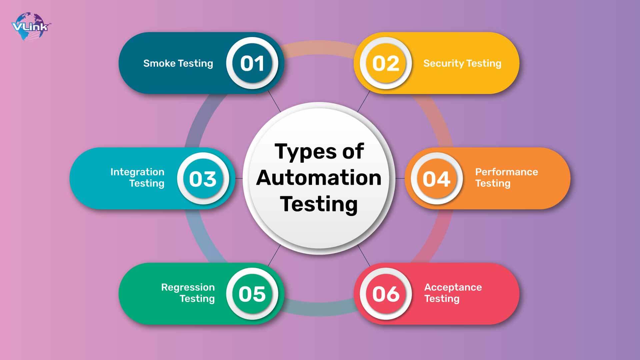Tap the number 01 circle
tap(252, 63)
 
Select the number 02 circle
tap(386, 63)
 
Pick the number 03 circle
tap(203, 179)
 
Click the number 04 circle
tap(436, 179)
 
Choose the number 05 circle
tap(252, 294)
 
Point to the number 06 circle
tap(386, 294)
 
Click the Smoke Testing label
tap(178, 63)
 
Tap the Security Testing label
tap(462, 63)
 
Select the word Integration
tap(137, 172)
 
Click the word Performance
tap(506, 172)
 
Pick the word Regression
tap(188, 287)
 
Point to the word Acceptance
tap(453, 287)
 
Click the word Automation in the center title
tap(319, 178)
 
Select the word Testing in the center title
tap(319, 204)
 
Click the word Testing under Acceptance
tap(442, 299)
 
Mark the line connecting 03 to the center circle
tap(239, 178)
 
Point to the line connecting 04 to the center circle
tap(400, 178)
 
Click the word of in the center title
tap(353, 152)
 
